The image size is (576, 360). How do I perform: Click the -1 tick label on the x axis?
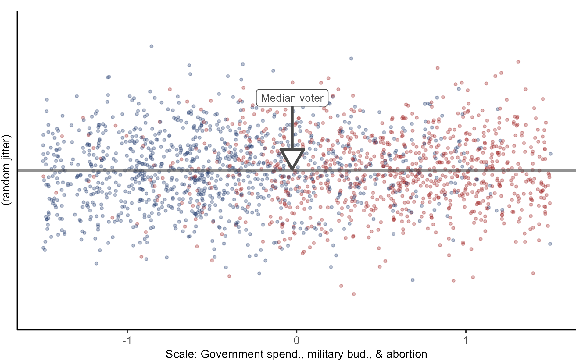[x=127, y=340]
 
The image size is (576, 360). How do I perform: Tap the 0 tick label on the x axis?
[x=296, y=340]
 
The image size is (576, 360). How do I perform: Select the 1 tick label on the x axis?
[x=466, y=340]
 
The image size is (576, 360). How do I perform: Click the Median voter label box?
[x=292, y=98]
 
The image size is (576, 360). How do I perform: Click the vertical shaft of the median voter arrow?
[x=292, y=128]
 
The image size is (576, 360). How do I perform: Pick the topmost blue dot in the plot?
[x=151, y=46]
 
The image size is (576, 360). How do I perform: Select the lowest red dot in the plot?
[x=354, y=294]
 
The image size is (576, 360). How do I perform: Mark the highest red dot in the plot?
[x=518, y=62]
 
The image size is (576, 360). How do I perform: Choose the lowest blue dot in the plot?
[x=413, y=280]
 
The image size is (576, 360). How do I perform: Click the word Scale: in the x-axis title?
[x=181, y=354]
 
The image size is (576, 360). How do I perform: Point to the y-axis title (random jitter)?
[x=6, y=170]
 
